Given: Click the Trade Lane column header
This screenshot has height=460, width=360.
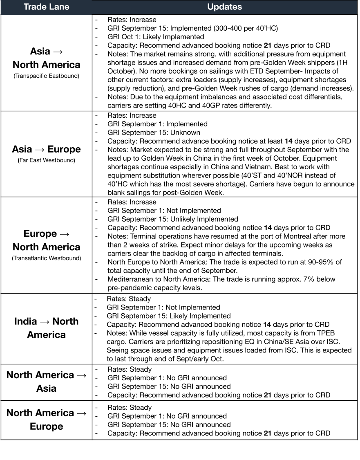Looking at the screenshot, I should point(46,7).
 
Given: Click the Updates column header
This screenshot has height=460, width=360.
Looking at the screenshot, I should point(224,7).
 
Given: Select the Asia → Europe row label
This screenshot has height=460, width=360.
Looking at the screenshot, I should point(46,149).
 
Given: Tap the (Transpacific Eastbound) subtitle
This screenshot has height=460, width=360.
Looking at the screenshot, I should point(46,76).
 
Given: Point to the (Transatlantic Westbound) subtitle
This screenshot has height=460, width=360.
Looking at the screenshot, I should point(46,258).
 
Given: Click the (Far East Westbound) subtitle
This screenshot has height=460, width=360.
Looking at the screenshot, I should point(46,160).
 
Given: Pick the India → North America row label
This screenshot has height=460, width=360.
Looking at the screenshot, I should point(46,328).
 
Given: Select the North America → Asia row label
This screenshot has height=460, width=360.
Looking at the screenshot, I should point(46,381).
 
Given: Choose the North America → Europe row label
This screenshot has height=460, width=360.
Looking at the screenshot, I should point(46,419).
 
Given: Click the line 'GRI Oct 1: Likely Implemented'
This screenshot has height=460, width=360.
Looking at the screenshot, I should point(156,37).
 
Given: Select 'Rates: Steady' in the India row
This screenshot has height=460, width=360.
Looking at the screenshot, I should point(129,299).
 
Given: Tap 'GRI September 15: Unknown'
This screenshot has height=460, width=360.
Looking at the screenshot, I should point(154,132).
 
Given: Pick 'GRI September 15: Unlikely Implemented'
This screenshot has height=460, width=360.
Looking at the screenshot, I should point(172,219).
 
